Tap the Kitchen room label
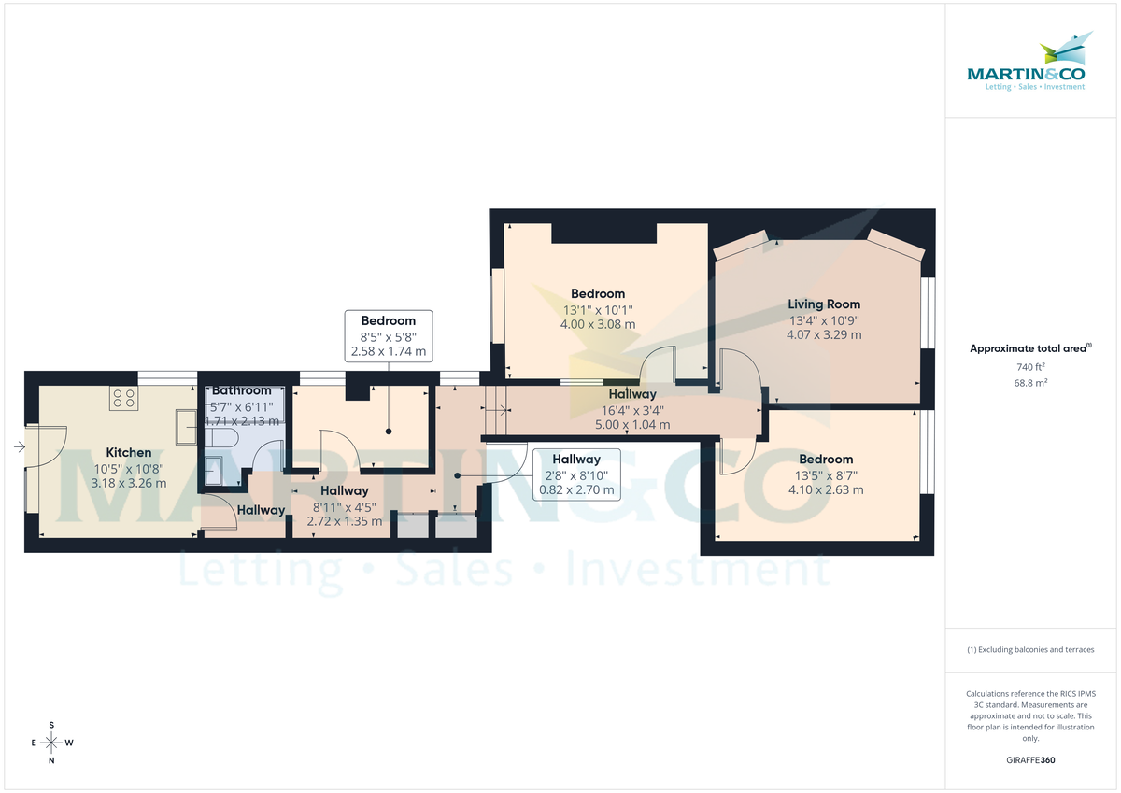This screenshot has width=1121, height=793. click(129, 452)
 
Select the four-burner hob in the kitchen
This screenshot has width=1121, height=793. click(123, 399)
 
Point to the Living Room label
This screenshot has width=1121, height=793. click(824, 304)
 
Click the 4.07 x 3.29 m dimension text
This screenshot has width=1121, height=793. click(824, 334)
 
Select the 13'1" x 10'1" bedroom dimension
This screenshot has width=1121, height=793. click(598, 309)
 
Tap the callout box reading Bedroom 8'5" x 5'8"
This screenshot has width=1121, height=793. click(389, 336)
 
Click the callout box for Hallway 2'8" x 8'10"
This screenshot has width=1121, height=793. click(575, 474)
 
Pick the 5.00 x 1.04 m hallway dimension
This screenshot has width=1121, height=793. click(632, 424)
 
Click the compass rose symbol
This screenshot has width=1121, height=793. click(51, 743)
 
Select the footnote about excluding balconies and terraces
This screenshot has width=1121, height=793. click(1030, 649)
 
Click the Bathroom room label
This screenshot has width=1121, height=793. click(241, 389)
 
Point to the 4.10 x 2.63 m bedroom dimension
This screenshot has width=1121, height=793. click(826, 489)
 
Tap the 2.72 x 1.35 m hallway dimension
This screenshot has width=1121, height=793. click(345, 520)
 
